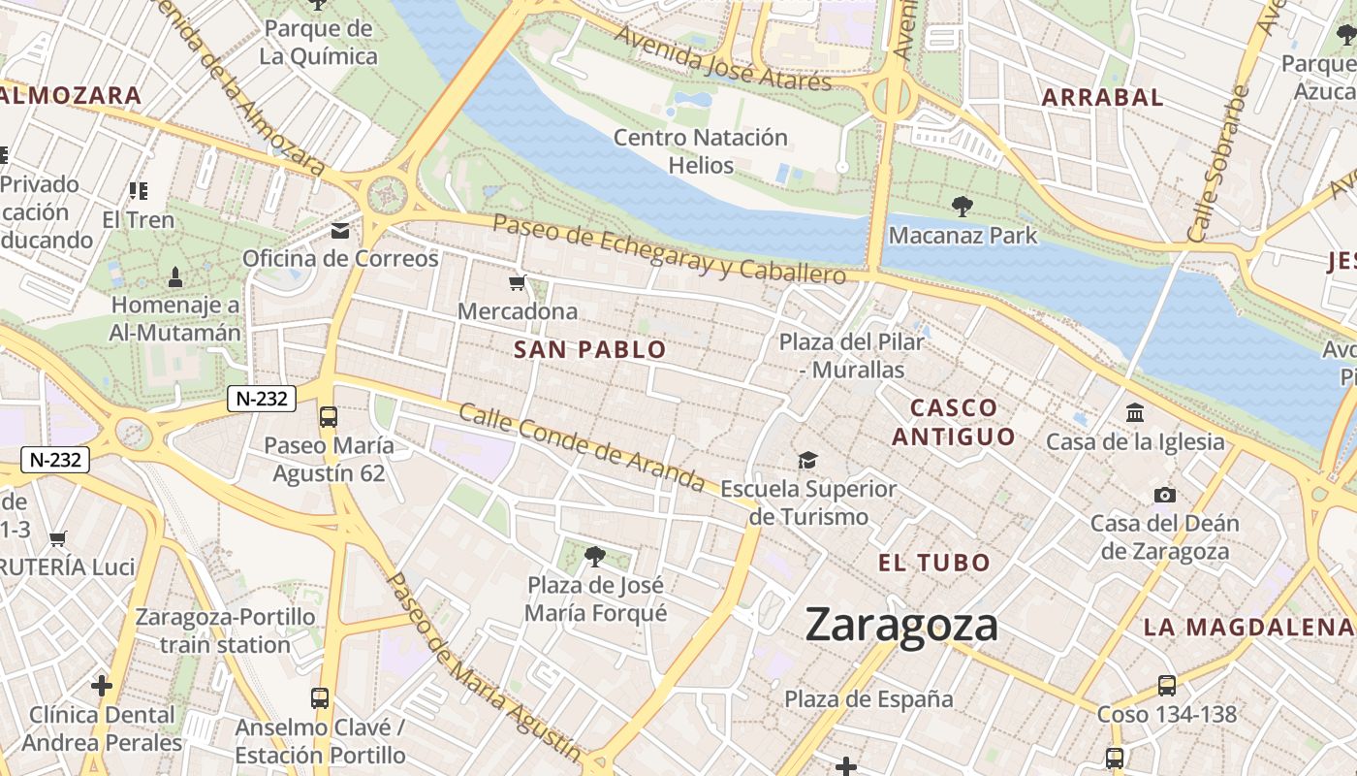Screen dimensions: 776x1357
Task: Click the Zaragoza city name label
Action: point(901,626)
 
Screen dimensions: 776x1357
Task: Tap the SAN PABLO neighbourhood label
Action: point(590,350)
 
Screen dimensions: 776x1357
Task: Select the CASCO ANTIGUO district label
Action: point(954,422)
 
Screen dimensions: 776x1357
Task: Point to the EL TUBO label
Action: point(934,563)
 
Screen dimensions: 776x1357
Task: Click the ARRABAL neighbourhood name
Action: point(1102,97)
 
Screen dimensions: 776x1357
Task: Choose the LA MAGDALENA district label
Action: point(1248,627)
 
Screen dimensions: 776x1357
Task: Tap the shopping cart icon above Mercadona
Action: point(518,283)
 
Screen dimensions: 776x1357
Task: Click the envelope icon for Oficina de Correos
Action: point(340,231)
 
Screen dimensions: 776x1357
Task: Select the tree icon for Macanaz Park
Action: point(962,206)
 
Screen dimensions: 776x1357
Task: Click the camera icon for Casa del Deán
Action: point(1165,496)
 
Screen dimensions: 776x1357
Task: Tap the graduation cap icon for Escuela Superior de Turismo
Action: point(807,460)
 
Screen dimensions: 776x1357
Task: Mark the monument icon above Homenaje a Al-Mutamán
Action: point(174,277)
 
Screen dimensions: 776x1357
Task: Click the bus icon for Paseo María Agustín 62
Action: point(329,417)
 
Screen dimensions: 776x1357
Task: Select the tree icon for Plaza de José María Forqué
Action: point(595,557)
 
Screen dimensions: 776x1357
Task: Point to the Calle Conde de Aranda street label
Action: point(582,446)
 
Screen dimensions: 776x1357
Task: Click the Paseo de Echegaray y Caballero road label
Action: point(669,249)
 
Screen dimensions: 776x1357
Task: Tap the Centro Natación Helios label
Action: point(701,151)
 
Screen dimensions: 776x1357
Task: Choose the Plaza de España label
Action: point(868,698)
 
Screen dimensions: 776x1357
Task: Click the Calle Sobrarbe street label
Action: point(1211,165)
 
